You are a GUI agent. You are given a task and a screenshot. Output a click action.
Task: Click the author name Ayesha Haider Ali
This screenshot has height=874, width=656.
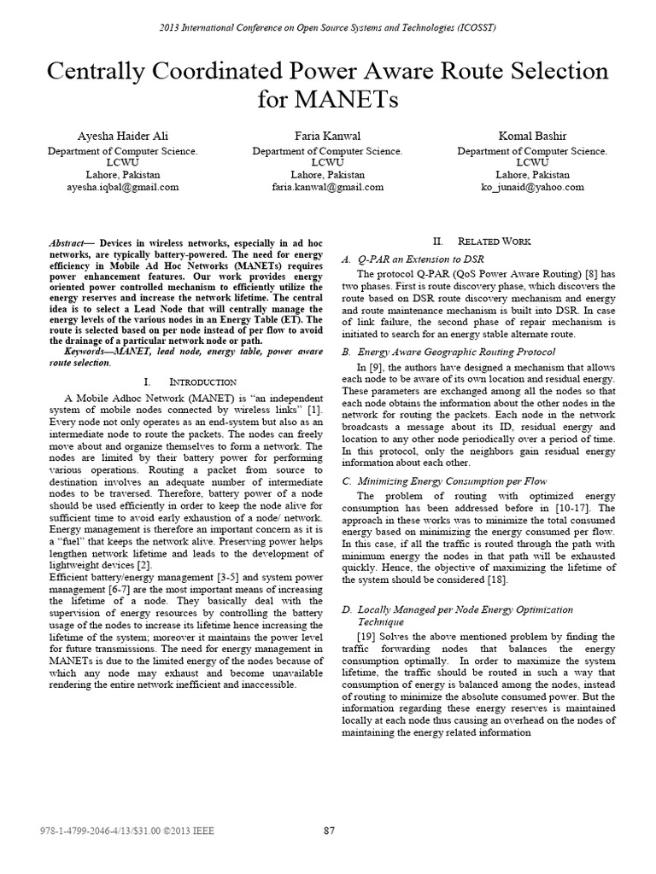(122, 136)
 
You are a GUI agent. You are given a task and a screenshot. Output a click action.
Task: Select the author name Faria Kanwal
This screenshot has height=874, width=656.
(327, 136)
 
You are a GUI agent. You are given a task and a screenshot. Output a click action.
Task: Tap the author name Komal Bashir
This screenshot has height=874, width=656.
(532, 136)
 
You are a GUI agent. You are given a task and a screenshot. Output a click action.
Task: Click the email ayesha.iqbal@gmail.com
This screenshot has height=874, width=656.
(122, 187)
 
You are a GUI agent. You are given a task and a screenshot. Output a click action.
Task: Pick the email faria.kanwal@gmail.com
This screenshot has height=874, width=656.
(327, 187)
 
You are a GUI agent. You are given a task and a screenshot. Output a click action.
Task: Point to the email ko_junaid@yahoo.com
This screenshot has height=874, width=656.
(532, 187)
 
